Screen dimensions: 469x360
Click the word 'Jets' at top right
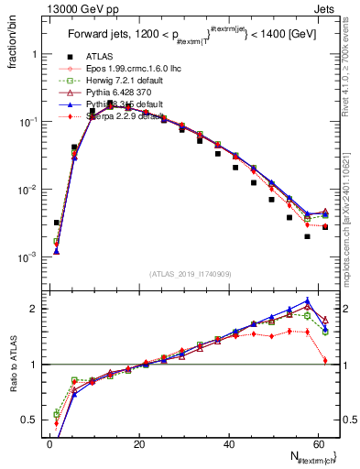point(327,8)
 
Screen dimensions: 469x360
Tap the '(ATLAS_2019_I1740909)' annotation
point(188,274)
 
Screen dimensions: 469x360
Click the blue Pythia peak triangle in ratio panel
point(307,300)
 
